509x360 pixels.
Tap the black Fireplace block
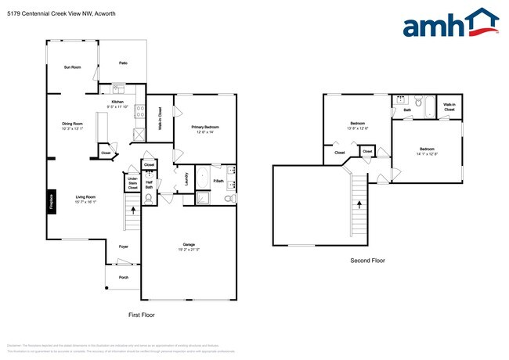[x=52, y=200]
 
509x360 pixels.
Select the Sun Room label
[x=72, y=67]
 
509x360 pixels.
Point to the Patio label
[x=123, y=63]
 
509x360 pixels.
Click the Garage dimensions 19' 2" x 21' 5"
[x=189, y=250]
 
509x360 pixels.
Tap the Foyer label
[x=123, y=247]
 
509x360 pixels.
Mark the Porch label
[x=123, y=277]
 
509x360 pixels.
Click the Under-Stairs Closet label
[x=132, y=185]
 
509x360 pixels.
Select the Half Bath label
[x=149, y=185]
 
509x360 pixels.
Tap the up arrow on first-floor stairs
[x=132, y=210]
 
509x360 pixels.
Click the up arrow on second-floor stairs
[x=360, y=205]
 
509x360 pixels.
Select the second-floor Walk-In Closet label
[x=449, y=107]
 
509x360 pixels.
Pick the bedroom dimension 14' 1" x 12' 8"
[x=427, y=153]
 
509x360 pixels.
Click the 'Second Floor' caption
[x=367, y=261]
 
